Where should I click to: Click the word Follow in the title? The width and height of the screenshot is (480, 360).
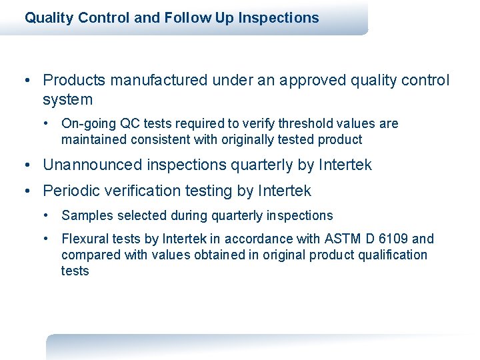pyautogui.click(x=184, y=18)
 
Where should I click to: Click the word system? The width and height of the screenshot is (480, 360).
pyautogui.click(x=67, y=100)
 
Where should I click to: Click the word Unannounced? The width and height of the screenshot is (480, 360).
pyautogui.click(x=91, y=165)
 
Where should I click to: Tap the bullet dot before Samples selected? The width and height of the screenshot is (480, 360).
pyautogui.click(x=47, y=215)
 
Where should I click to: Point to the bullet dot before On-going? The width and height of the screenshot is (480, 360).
pyautogui.click(x=47, y=123)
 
